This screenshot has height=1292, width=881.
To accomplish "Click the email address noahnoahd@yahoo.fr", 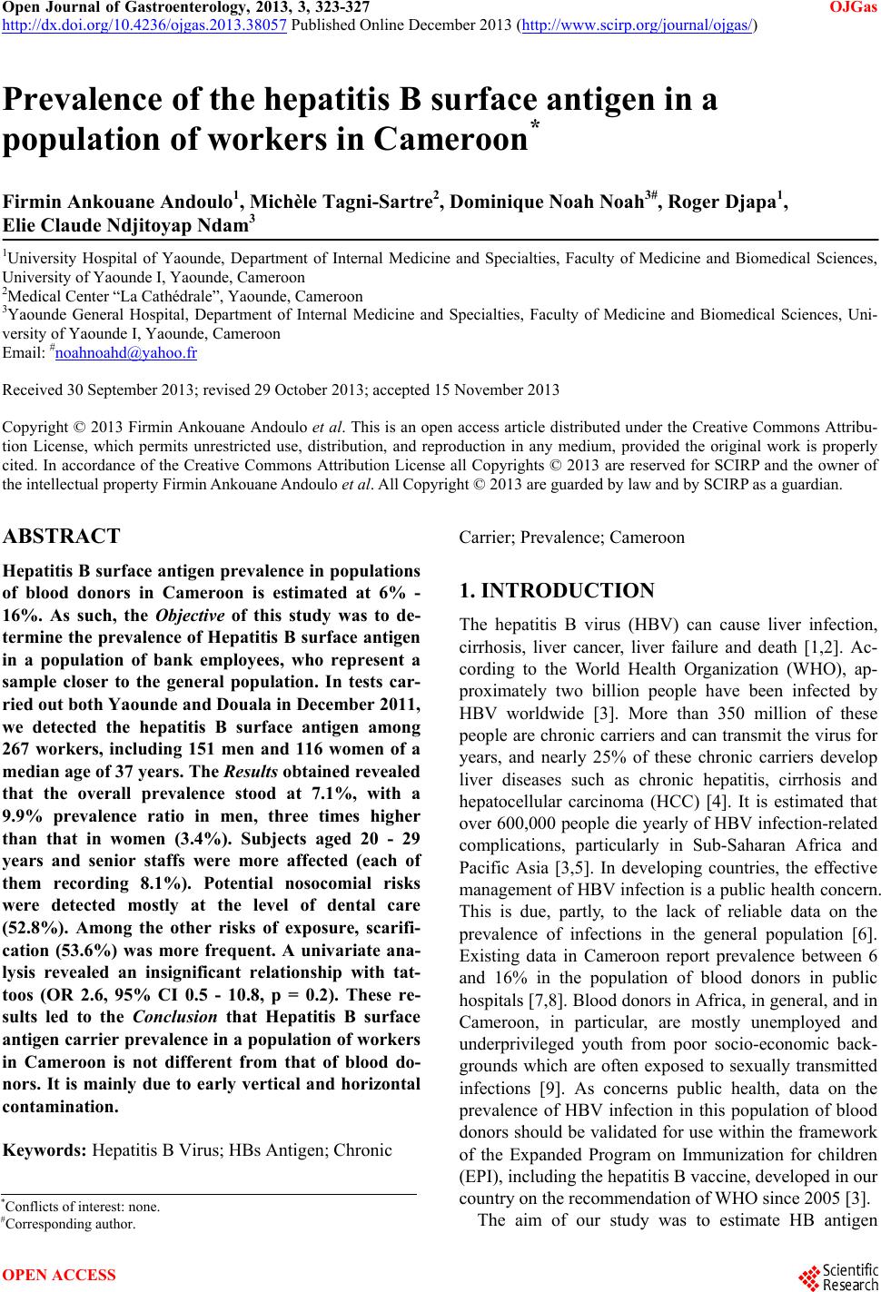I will coord(126,352).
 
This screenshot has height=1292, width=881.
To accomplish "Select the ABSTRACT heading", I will coord(62,536).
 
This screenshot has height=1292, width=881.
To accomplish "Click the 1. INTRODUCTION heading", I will coord(557,591).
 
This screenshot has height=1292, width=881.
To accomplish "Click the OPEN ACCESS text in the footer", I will coord(60,1275).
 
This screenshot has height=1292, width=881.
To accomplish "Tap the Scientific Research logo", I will coord(840,1275).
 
